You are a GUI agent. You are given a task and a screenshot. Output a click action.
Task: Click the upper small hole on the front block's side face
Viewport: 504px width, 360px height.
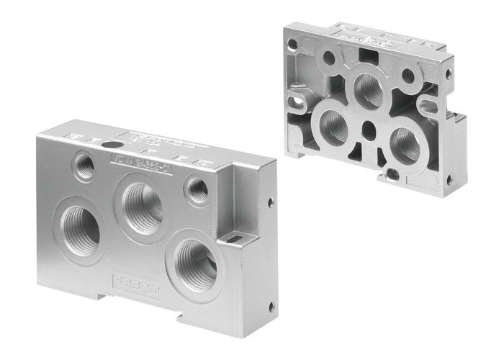(271, 202)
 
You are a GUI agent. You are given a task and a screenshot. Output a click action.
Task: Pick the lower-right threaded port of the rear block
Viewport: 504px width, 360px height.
(404, 144)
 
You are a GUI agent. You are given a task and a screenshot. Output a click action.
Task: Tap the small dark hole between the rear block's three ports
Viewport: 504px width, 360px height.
(369, 130)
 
